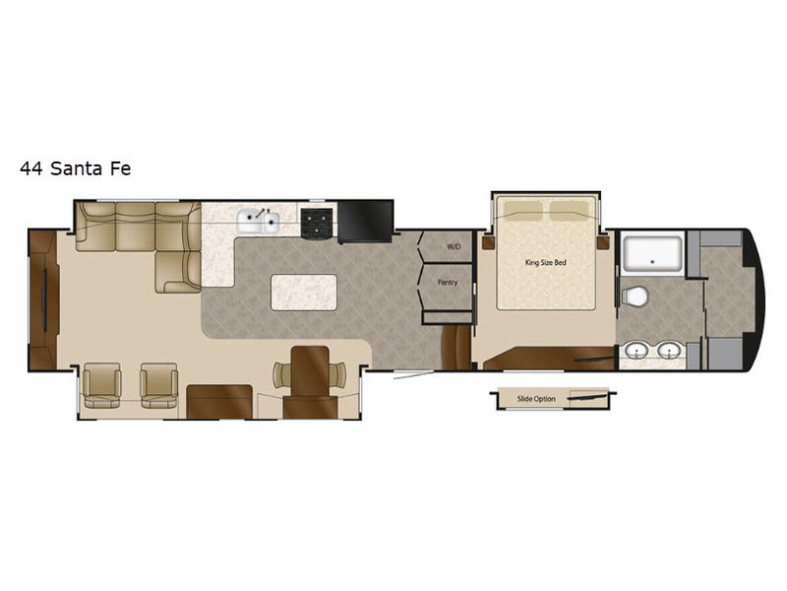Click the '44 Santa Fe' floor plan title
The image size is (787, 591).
pos(76,168)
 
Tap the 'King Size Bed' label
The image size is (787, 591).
pos(546,262)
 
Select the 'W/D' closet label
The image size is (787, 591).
pos(454,247)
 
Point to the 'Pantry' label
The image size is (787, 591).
pos(448,283)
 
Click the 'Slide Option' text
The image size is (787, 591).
pos(536,399)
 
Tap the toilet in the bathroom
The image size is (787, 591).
pos(635,295)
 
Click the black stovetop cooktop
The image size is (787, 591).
pos(317,224)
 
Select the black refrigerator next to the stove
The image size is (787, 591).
pos(365,222)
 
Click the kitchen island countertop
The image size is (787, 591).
pos(304,293)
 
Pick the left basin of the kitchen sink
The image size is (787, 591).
pos(250,222)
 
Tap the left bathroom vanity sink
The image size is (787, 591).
pos(637,351)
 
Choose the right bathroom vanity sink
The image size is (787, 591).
pos(669,351)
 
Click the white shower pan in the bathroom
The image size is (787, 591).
pos(652,254)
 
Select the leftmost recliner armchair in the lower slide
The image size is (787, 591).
pos(102,385)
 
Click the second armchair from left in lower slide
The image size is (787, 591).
pos(158,385)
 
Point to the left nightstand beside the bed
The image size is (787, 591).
pos(489,243)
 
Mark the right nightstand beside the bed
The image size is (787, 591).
pos(602,243)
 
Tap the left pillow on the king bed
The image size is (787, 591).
pos(523,210)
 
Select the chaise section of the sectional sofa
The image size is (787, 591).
pos(178,272)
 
